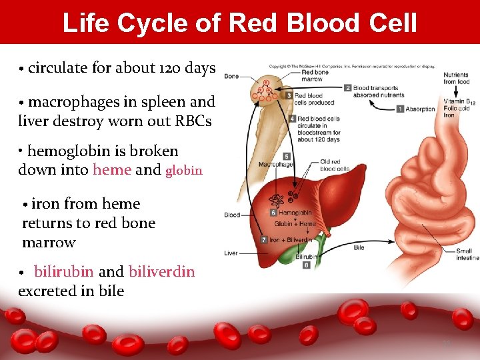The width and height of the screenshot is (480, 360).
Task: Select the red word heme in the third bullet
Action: click(x=111, y=170)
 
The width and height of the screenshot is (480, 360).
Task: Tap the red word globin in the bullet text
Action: click(x=183, y=171)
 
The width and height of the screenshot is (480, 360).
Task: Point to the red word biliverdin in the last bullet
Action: click(x=161, y=272)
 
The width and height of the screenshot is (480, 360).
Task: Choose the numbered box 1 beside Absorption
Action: click(x=400, y=109)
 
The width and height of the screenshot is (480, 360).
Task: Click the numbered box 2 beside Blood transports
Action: click(x=347, y=87)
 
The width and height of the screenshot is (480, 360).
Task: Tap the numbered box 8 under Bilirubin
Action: click(x=306, y=265)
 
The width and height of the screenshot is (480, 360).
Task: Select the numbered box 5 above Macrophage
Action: click(x=286, y=156)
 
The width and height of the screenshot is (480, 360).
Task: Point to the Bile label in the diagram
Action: click(x=359, y=248)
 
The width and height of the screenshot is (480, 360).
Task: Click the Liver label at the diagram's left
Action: click(x=231, y=253)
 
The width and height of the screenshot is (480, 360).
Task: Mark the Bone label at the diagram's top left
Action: click(x=231, y=77)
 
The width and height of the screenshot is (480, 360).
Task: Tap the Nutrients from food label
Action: click(x=456, y=79)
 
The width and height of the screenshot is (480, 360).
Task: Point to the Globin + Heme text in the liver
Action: click(x=295, y=224)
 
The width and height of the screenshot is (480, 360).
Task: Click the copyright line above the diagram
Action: click(x=351, y=66)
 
